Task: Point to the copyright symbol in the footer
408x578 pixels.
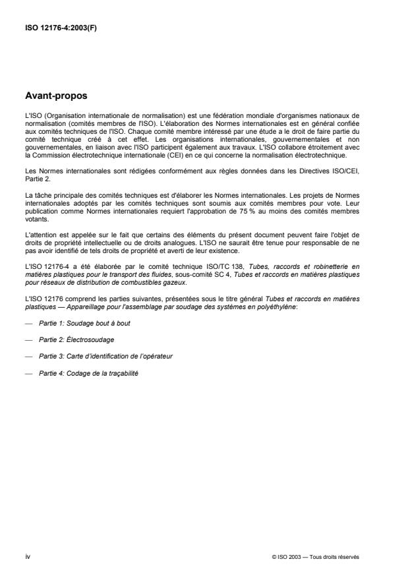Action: [274, 556]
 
